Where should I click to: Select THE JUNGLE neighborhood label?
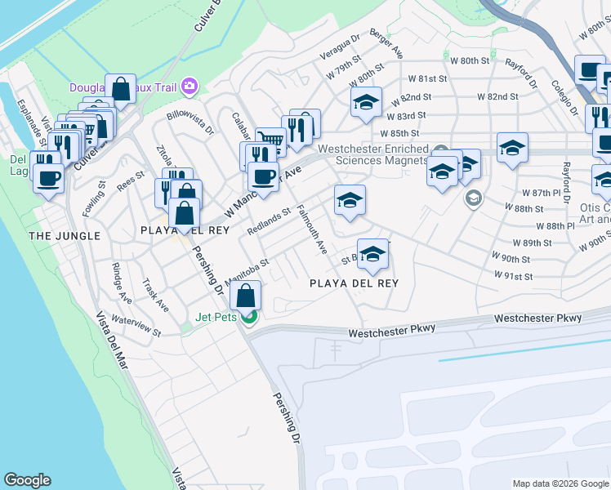point(65,236)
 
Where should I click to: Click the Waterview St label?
point(136,326)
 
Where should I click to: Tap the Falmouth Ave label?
point(312,229)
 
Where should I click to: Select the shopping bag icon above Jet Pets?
point(245,297)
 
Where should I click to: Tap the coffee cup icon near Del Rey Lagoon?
point(48,177)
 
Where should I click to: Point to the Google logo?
point(27,481)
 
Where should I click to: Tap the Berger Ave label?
point(386,44)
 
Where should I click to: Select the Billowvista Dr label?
point(190,122)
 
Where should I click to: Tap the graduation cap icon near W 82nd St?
point(367,102)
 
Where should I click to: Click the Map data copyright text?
point(560,483)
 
